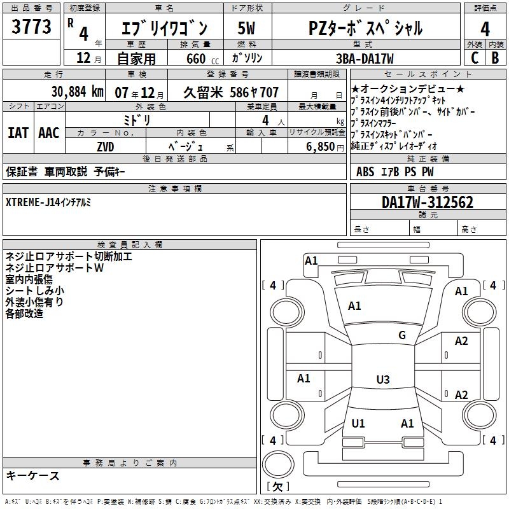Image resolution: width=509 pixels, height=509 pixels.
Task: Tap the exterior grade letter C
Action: point(474,57)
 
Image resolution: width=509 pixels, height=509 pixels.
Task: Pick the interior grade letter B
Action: point(495,57)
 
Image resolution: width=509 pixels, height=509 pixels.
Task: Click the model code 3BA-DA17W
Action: point(365,59)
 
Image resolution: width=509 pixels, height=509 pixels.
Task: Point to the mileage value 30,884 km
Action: point(77,92)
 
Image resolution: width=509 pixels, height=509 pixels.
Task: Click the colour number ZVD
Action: point(106,146)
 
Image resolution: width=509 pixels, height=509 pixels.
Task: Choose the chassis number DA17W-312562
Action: point(428,203)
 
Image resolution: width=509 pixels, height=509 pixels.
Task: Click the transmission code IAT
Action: point(17,133)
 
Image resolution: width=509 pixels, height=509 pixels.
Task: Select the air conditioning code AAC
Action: point(48,133)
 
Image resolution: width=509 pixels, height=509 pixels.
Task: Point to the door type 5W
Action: point(246,29)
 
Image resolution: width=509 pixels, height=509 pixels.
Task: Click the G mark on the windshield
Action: point(401,335)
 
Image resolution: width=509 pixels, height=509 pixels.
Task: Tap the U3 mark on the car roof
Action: point(382,380)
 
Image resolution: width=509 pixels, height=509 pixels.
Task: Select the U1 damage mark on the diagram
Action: point(358,423)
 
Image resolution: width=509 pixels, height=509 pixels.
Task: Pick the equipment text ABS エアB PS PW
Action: point(396,171)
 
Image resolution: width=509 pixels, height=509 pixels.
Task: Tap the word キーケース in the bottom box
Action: point(33,475)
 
